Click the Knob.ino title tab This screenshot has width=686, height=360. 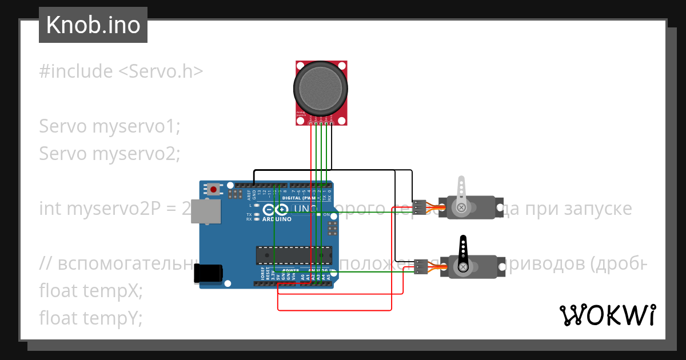93,25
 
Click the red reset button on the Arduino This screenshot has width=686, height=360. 214,189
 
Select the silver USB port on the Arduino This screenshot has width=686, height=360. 206,211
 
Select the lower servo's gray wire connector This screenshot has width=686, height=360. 421,267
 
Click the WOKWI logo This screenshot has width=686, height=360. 607,315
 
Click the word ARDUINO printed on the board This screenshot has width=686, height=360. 277,219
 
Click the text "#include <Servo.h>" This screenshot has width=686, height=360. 121,71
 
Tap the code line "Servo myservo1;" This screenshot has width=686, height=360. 110,126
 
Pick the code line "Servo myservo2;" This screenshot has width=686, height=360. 110,154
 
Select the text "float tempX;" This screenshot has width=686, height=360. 90,291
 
